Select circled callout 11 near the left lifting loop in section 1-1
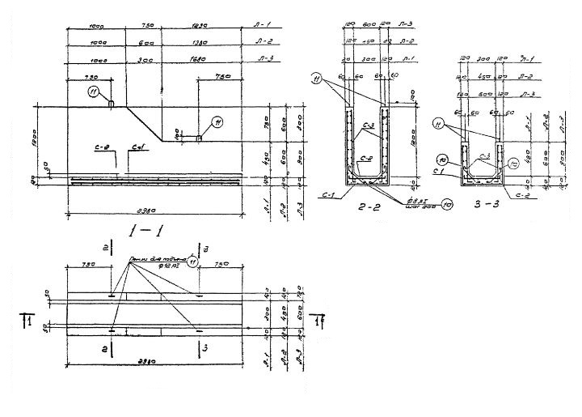tap(95, 91)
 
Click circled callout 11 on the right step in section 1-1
tap(217, 122)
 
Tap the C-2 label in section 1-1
tap(101, 147)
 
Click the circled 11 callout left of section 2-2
tap(317, 79)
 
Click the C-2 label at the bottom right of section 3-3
tap(509, 194)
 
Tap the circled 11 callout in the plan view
tap(192, 261)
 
